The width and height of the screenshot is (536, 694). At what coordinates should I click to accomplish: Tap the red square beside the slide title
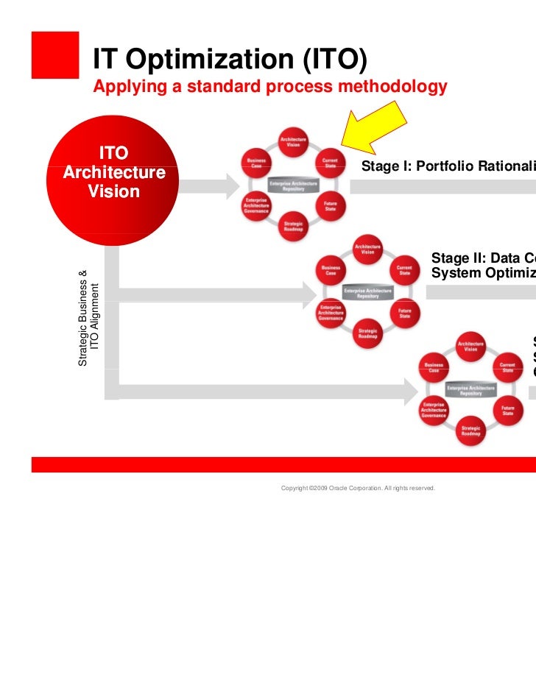(x=54, y=54)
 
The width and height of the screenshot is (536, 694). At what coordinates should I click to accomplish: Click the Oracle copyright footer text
(x=358, y=488)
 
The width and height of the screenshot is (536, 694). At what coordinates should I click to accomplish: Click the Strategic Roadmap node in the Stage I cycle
(x=292, y=226)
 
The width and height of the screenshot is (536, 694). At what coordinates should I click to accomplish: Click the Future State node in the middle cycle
(x=404, y=312)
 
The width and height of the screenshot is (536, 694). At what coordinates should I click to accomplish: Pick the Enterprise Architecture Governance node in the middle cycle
(x=331, y=312)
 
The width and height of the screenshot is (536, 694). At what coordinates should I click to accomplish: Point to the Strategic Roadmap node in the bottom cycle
(x=470, y=431)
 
